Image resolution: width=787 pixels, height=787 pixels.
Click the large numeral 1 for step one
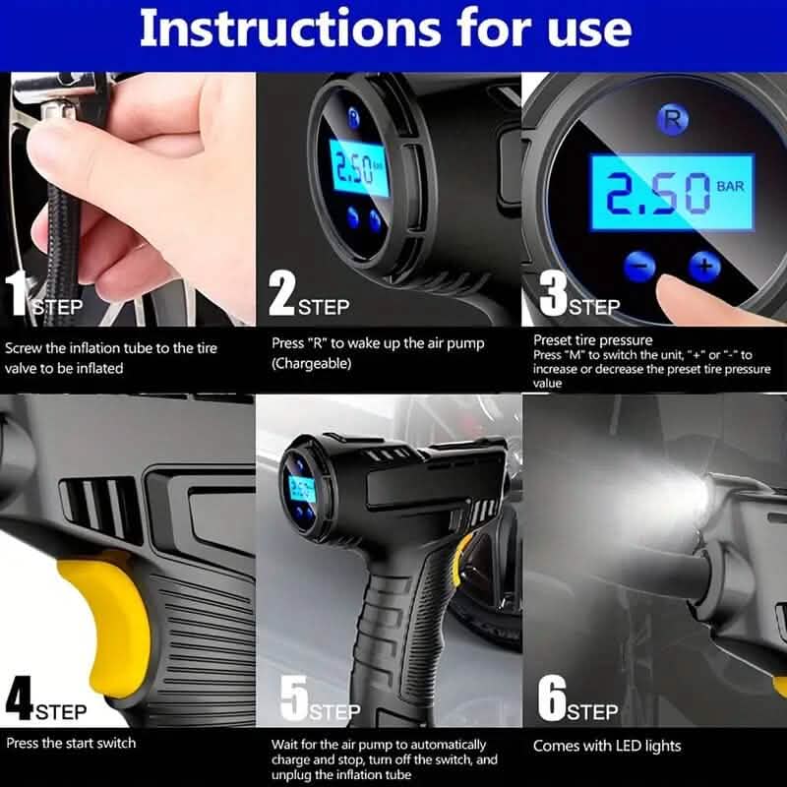[x=17, y=295]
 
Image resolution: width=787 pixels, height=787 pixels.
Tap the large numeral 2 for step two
[x=282, y=295]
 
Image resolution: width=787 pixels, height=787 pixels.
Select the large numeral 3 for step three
[x=554, y=295]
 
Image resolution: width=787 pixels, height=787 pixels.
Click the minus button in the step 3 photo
[x=638, y=265]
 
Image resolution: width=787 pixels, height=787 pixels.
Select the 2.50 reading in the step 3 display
[x=656, y=195]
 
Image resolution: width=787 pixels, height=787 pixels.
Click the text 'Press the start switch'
[x=71, y=743]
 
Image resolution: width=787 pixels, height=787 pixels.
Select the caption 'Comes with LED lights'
[x=606, y=746]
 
